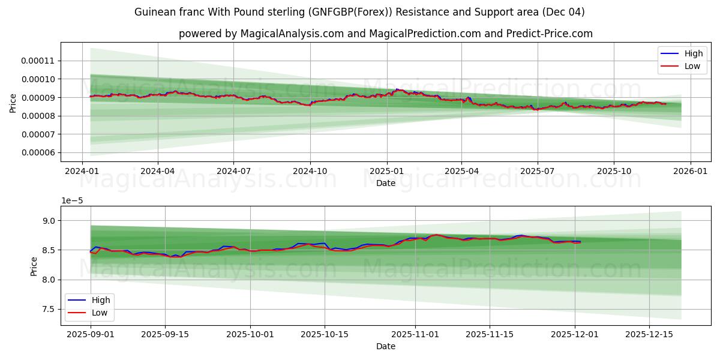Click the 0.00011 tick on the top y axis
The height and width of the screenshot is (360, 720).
[38, 61]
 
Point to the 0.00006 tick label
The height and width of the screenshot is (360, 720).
[38, 152]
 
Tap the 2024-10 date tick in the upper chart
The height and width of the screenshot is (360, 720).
[310, 170]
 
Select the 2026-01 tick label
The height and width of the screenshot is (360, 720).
[690, 170]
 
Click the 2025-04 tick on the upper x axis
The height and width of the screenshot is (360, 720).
[461, 170]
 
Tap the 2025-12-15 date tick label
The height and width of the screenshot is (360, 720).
[649, 334]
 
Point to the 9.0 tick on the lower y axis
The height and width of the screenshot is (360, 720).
[49, 221]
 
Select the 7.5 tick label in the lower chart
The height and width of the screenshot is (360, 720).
[49, 309]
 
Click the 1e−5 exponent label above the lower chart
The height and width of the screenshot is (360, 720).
[71, 201]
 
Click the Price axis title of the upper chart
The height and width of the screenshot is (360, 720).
[13, 103]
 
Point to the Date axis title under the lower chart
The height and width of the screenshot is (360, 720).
[386, 346]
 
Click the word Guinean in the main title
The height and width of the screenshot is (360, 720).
[154, 12]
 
